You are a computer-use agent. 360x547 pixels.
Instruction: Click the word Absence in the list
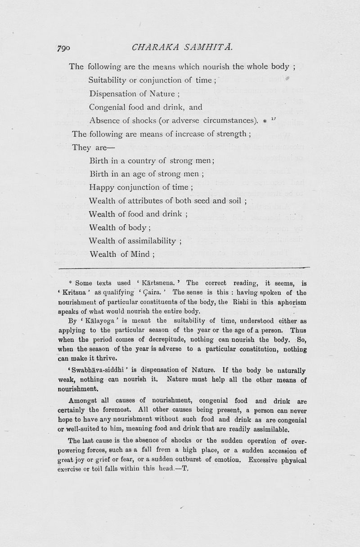click(x=105, y=120)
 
